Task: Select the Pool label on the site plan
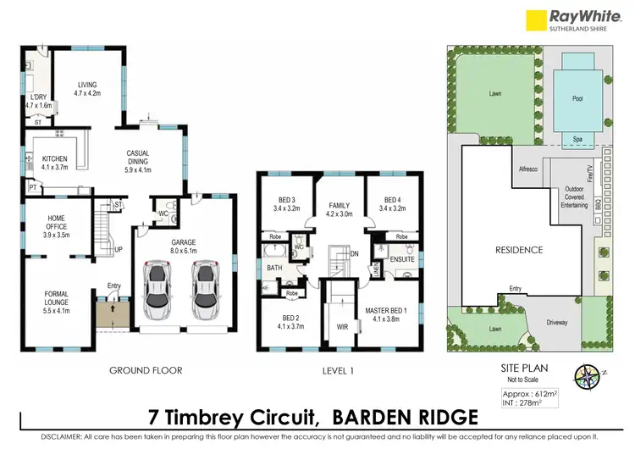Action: point(578,99)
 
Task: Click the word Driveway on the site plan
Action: point(557,323)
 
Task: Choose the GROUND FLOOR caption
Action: point(146,370)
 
